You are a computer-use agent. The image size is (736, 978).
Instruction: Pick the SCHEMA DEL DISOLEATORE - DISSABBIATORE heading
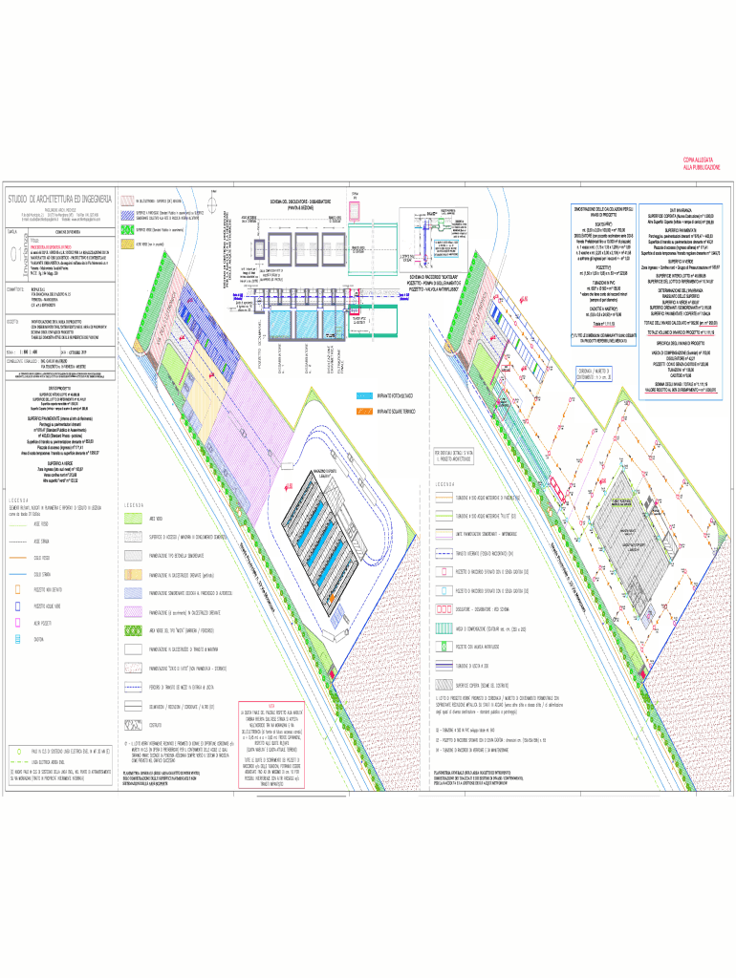(x=299, y=203)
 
